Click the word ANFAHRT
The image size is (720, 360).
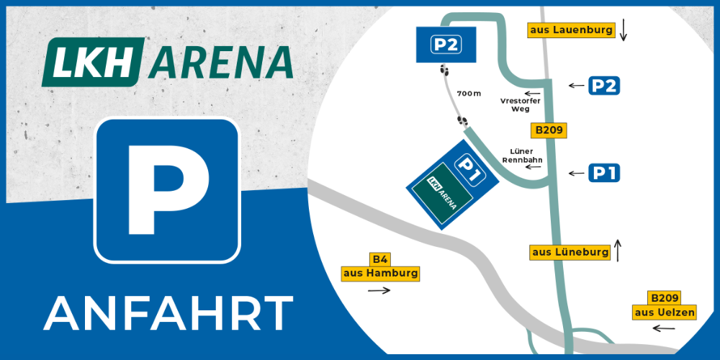(168, 312)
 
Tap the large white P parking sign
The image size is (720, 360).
(167, 189)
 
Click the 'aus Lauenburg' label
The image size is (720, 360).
(571, 30)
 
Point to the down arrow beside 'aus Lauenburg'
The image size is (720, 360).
(624, 30)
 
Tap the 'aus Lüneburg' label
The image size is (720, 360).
(570, 252)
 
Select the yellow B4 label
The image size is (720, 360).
(379, 259)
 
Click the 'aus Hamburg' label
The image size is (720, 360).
(379, 274)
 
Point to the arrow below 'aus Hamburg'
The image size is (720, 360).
(379, 291)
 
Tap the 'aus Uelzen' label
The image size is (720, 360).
(665, 312)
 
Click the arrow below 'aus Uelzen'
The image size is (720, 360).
(663, 328)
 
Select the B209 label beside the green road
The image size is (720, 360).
(549, 130)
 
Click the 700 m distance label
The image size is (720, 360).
(468, 94)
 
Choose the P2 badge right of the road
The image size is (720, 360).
(603, 85)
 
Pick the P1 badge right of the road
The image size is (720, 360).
(603, 173)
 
